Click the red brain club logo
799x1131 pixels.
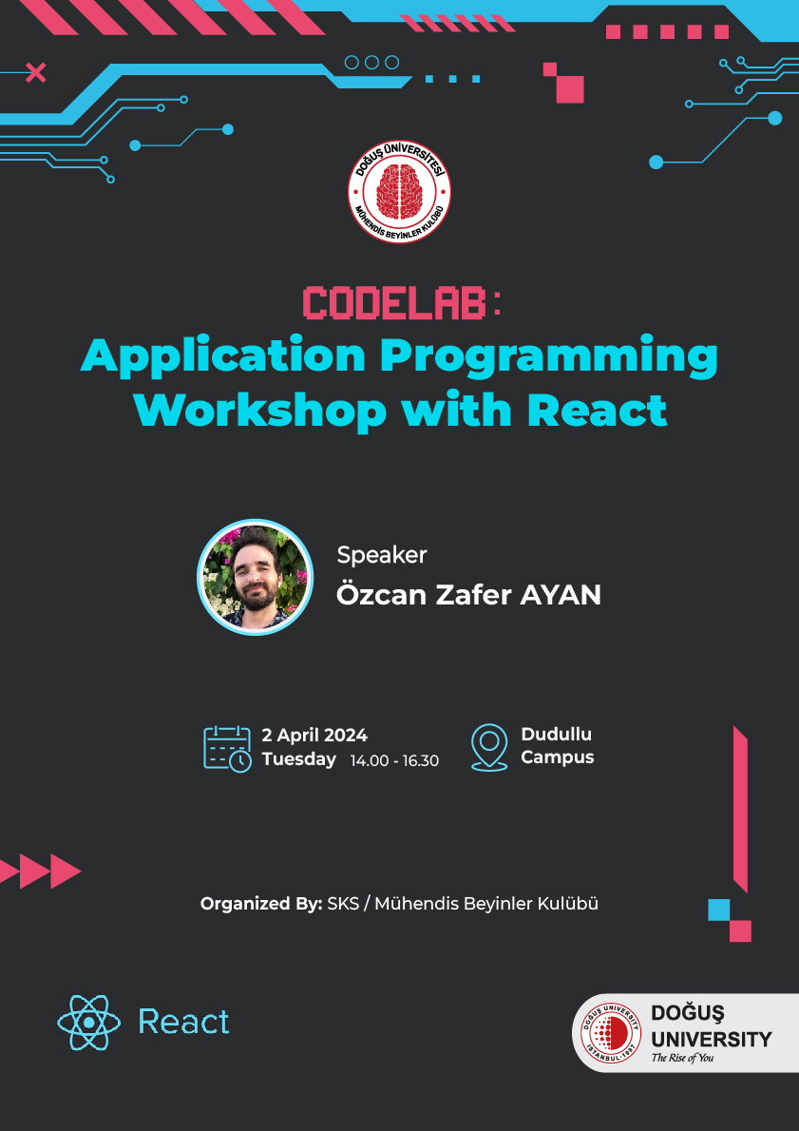point(399,191)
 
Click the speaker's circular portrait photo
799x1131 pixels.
point(256,577)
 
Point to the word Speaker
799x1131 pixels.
point(382,555)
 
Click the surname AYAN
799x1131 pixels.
point(561,595)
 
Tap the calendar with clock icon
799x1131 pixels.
point(227,749)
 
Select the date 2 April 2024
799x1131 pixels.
point(314,735)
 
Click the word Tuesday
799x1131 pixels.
point(298,759)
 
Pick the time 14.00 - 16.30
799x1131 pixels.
point(394,761)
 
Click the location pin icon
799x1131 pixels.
point(489,747)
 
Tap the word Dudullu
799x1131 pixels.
point(557,735)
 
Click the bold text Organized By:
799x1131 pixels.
point(261,904)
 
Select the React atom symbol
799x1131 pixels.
point(88,1022)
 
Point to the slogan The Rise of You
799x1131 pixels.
point(682,1058)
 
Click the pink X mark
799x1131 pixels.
point(35,73)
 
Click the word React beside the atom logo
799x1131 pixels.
point(184,1022)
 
